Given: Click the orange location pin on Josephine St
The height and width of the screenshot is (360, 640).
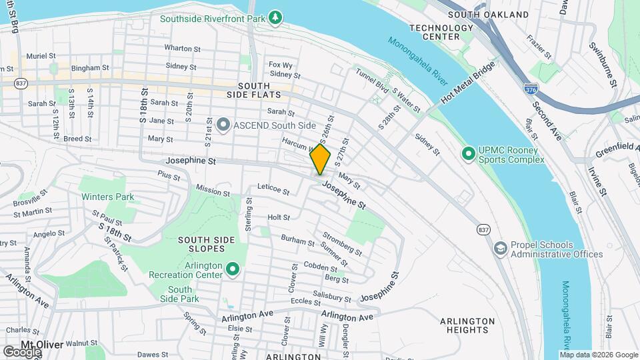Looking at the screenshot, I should coord(320,159).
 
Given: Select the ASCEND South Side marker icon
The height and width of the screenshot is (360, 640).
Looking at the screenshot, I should coord(223,125).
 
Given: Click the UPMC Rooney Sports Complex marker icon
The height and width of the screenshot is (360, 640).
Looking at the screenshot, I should coord(469,154).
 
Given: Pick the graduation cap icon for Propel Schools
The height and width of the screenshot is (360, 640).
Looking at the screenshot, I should coord(500,249).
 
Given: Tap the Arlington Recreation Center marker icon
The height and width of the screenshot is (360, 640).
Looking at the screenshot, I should coord(232,269).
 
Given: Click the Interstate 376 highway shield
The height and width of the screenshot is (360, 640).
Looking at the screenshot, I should coord(531,88).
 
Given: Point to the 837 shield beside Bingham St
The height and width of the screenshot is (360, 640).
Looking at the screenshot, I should coord(21,83).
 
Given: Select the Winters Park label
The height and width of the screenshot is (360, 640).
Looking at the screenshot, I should coord(107,197).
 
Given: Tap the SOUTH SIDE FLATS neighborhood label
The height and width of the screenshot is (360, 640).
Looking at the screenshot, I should coord(254,91).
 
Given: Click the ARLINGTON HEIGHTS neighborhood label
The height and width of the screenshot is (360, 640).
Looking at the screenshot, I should coord(467,325).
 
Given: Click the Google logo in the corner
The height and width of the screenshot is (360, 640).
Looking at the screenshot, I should coord(21,351).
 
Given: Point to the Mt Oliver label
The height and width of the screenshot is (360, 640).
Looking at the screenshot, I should coord(41,345).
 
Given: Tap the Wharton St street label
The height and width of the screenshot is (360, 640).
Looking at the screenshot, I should coord(183,48).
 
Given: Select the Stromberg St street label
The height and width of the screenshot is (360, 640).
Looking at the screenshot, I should coord(342,244).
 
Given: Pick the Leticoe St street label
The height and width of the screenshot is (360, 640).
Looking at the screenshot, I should coord(273,192).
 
